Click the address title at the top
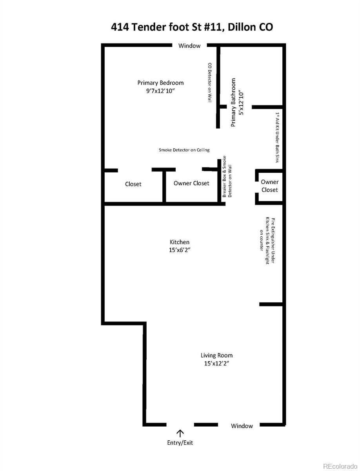(192, 27)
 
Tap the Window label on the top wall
(189, 46)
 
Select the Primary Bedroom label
(160, 83)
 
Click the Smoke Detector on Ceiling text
(184, 150)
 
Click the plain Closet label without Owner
(133, 184)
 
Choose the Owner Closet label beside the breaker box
(191, 183)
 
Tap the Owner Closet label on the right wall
(269, 186)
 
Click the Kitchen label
(180, 242)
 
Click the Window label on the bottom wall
(242, 426)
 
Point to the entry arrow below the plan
(180, 433)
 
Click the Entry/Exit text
(180, 443)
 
